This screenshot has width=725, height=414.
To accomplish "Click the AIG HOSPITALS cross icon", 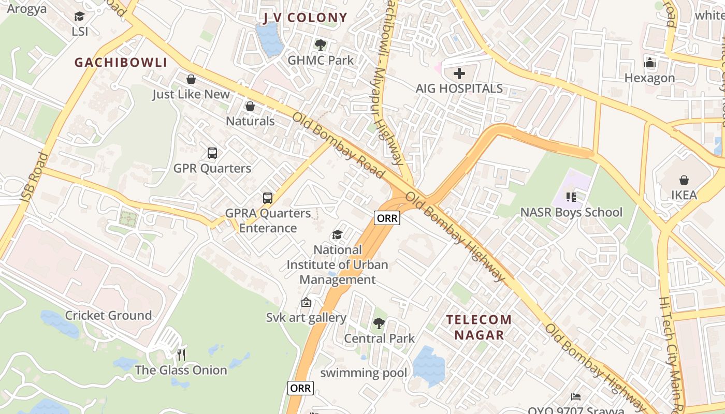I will (x=459, y=73).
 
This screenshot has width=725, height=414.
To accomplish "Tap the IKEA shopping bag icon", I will (x=684, y=180).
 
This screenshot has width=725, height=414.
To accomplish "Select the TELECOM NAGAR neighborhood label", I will (x=479, y=327).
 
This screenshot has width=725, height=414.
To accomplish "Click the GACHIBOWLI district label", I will (x=121, y=63).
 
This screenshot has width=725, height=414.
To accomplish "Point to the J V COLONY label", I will (x=305, y=18).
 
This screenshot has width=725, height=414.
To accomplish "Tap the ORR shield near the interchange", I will (x=387, y=218).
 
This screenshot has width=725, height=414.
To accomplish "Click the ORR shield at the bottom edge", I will (x=300, y=388).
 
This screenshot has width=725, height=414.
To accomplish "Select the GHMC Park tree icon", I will (x=321, y=45).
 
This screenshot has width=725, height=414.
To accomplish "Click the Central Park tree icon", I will (x=379, y=323).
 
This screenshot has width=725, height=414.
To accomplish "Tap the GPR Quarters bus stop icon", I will (x=212, y=153).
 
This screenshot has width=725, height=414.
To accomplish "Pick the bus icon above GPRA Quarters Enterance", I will (x=267, y=198).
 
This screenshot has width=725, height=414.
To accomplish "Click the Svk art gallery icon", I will (x=306, y=302).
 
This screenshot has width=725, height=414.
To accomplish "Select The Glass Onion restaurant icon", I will (x=181, y=354).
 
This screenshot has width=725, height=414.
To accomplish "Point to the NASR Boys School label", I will (x=571, y=212).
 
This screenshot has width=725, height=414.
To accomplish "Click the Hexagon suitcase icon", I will (x=650, y=63).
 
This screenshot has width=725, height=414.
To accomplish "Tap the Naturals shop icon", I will (x=250, y=106).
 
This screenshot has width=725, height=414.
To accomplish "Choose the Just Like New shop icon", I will (x=191, y=79).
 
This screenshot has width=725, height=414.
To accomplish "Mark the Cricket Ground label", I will (x=108, y=315).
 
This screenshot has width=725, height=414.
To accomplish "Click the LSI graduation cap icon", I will (x=79, y=17).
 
